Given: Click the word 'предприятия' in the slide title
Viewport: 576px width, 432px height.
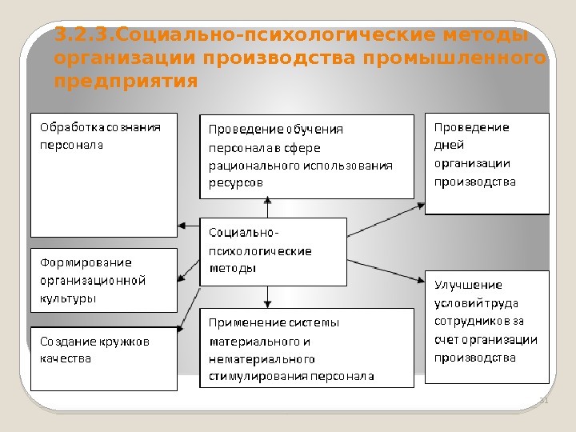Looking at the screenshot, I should click(x=126, y=81).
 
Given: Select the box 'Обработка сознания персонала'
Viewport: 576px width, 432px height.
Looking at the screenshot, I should click(x=102, y=175).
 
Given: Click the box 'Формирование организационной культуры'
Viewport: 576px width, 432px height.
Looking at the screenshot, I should click(x=102, y=280).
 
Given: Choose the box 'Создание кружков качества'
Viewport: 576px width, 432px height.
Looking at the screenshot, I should click(x=102, y=358).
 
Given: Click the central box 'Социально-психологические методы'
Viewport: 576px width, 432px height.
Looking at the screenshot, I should click(x=272, y=250).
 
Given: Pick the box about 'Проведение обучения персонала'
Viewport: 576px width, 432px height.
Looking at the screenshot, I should click(x=306, y=155).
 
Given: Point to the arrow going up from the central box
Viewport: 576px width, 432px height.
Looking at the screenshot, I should click(x=268, y=207).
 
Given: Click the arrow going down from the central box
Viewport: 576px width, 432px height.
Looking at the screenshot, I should click(x=268, y=297).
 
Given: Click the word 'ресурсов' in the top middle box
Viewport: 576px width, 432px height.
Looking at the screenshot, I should click(x=235, y=183).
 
